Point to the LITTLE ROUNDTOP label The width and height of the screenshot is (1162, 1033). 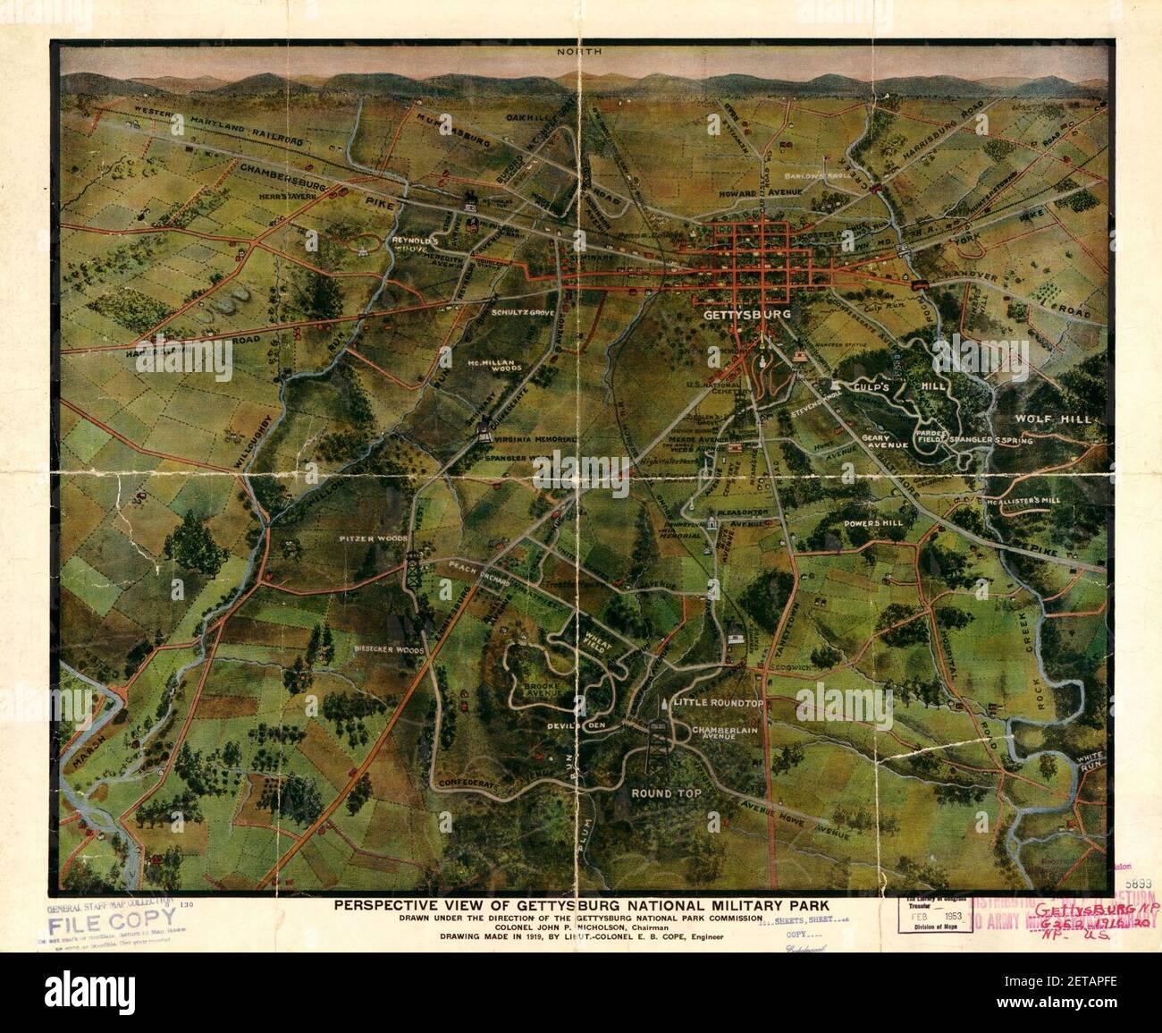720,703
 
